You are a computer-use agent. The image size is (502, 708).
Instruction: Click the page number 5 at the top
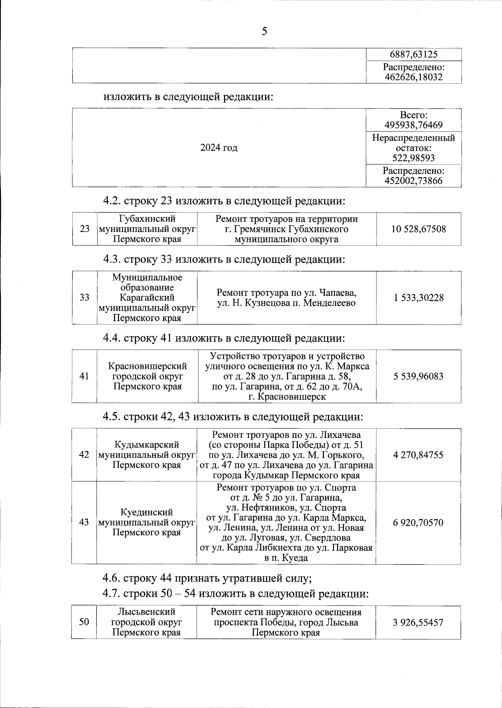tap(264, 31)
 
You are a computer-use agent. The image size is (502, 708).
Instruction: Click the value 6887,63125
tap(413, 54)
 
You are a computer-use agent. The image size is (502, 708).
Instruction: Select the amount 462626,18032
tap(413, 77)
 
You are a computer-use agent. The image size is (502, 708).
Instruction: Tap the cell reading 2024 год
tap(219, 148)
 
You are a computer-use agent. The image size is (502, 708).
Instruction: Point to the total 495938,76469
tap(413, 125)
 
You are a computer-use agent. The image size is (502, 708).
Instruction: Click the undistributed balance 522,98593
tap(413, 158)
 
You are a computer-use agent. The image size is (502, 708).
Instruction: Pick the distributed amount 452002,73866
tap(413, 181)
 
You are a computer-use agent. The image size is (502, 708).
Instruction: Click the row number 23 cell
tap(85, 229)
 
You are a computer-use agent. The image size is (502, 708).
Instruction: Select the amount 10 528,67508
tap(418, 229)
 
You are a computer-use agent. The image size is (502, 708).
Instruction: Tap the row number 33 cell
tap(85, 298)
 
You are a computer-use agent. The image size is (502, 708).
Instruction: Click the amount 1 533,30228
tap(418, 298)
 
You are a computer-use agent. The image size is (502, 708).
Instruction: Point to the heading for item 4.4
tap(224, 338)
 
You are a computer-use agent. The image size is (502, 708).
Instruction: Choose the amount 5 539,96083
tap(418, 376)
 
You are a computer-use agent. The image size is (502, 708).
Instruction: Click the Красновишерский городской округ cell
tap(147, 376)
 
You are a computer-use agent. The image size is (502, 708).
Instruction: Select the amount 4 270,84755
tap(418, 455)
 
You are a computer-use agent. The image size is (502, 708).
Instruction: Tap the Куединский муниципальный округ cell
tap(147, 523)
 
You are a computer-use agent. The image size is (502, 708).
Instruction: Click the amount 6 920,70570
tap(418, 523)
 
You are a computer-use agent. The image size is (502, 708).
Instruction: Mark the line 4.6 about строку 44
tap(207, 579)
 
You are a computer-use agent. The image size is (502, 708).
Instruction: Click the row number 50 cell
tap(84, 622)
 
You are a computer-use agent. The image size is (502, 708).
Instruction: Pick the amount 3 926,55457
tap(418, 622)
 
